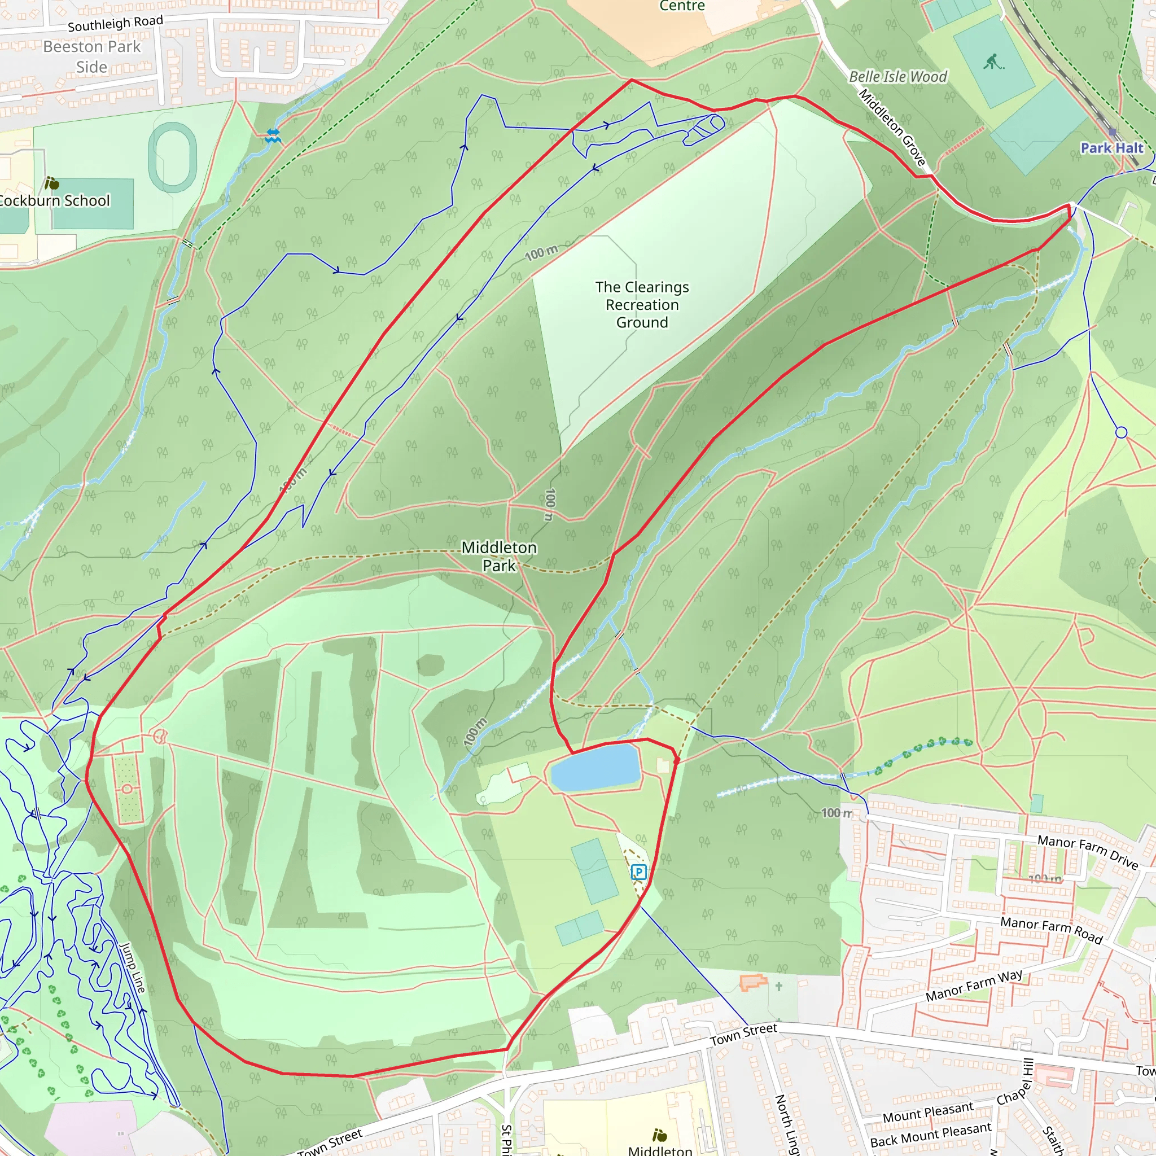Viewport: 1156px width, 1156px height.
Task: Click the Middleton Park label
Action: (499, 556)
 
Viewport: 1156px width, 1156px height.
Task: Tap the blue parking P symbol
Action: (638, 872)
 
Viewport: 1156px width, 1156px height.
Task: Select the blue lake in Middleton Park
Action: (595, 768)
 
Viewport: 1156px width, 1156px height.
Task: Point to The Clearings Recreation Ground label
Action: (642, 305)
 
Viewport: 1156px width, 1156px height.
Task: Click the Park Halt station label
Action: (1111, 148)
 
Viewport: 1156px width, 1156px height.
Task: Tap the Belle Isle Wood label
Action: (897, 77)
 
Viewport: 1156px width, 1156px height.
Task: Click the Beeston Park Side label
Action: (91, 57)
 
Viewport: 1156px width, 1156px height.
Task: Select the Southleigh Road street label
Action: (115, 24)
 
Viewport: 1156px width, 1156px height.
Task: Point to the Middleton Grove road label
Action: (892, 127)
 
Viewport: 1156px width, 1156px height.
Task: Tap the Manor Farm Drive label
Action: (1087, 851)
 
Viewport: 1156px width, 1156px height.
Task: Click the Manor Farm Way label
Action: (974, 986)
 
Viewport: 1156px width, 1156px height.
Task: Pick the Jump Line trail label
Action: (132, 967)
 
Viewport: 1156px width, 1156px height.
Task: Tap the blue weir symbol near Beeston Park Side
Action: (273, 136)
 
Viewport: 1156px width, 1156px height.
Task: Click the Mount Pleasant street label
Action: (927, 1113)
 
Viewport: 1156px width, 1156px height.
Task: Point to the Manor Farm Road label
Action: (1051, 930)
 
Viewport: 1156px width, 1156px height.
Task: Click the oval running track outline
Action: (172, 157)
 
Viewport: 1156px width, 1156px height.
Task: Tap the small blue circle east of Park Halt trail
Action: (1122, 432)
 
